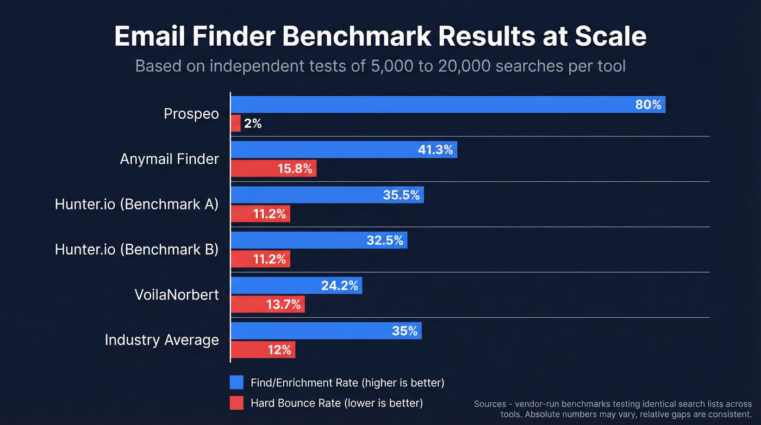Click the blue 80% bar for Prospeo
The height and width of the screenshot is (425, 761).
pos(435,104)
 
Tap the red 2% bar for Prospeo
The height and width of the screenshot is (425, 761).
pos(236,124)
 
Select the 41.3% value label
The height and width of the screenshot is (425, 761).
pos(436,150)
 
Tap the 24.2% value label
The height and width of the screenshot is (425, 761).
pos(339,285)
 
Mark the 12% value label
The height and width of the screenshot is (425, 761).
pos(279,350)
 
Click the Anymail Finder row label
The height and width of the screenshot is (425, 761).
pos(169,159)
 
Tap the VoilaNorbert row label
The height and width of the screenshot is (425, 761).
pos(177,294)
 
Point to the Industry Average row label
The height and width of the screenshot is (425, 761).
pos(161,340)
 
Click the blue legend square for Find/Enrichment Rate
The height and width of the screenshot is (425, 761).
pos(236,382)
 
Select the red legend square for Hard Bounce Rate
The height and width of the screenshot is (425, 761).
pos(236,403)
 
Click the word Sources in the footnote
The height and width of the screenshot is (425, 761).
pos(490,404)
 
